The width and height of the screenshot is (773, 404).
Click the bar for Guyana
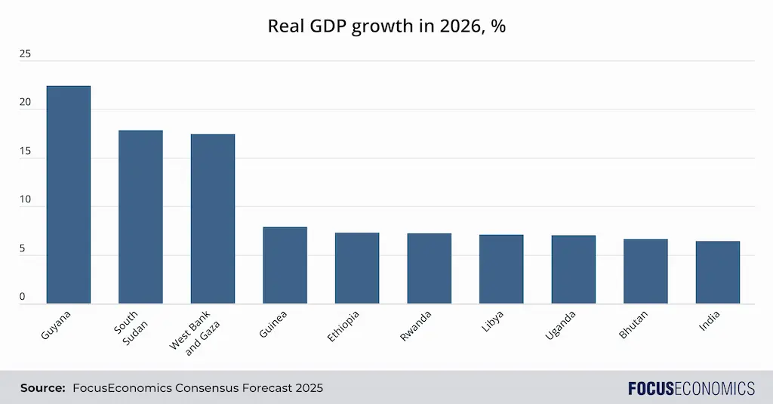pyautogui.click(x=68, y=195)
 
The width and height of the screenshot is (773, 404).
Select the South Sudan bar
pyautogui.click(x=140, y=217)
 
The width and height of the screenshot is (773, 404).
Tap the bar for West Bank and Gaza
pyautogui.click(x=213, y=219)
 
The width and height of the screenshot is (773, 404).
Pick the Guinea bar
pyautogui.click(x=285, y=265)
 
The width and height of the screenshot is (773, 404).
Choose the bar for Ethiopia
pyautogui.click(x=357, y=268)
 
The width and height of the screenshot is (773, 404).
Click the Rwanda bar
pyautogui.click(x=429, y=268)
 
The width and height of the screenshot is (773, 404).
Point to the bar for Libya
pyautogui.click(x=501, y=269)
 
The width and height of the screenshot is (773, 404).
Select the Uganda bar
pyautogui.click(x=573, y=270)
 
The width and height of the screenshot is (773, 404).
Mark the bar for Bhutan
pyautogui.click(x=645, y=271)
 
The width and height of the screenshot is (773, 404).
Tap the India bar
pyautogui.click(x=717, y=272)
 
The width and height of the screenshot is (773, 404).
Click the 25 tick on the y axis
pyautogui.click(x=26, y=54)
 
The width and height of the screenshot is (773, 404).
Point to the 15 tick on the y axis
pyautogui.click(x=26, y=152)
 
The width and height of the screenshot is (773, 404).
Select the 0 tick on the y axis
pyautogui.click(x=23, y=298)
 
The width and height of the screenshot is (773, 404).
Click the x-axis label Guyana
pyautogui.click(x=56, y=323)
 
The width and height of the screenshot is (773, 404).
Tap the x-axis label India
pyautogui.click(x=710, y=320)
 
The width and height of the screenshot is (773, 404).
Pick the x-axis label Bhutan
pyautogui.click(x=633, y=324)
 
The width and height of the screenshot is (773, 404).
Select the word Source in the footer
pyautogui.click(x=42, y=388)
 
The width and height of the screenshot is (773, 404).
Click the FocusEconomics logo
pyautogui.click(x=691, y=388)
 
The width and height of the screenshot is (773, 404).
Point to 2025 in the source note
pyautogui.click(x=309, y=388)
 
